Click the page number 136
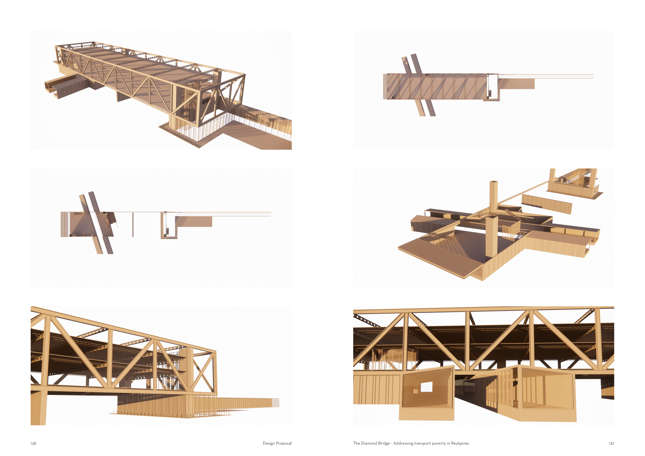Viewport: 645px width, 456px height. click(x=33, y=443)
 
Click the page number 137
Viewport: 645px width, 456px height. click(x=611, y=443)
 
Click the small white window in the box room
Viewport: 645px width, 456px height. click(x=426, y=387)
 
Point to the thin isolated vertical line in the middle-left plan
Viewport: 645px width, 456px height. click(x=133, y=225)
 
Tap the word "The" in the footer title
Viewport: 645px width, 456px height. click(x=356, y=443)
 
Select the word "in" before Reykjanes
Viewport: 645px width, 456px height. click(x=449, y=443)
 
